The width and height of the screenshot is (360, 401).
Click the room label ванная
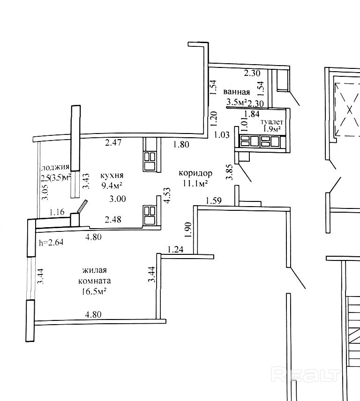click(x=236, y=92)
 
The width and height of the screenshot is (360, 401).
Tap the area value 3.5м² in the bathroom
click(x=236, y=103)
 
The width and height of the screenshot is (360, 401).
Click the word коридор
click(x=195, y=173)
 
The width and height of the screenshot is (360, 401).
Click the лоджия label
click(x=55, y=167)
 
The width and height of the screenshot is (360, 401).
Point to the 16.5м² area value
click(x=94, y=291)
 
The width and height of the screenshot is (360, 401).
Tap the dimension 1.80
click(x=181, y=145)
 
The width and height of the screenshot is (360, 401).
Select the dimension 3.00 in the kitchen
click(x=117, y=199)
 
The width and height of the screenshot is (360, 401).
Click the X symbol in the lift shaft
click(x=349, y=110)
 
